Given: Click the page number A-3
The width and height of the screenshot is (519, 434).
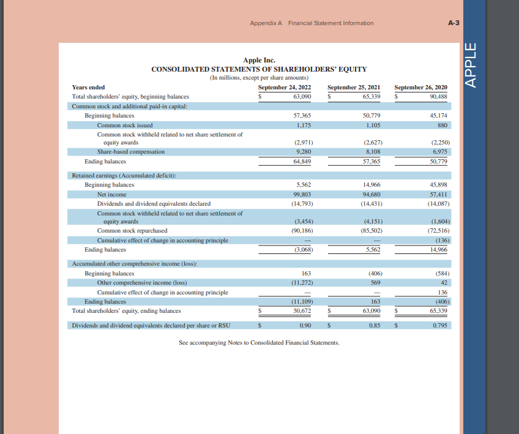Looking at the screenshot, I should coord(454,23).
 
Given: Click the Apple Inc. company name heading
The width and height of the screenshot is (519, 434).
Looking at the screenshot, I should coord(259,60).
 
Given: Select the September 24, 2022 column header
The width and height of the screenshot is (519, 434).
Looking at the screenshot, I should coord(285,88).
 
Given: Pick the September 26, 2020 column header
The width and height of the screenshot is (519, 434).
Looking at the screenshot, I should coord(421,88).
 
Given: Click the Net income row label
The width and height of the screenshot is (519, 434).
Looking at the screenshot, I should coord(112,194).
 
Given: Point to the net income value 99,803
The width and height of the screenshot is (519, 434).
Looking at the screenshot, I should coord(302,194).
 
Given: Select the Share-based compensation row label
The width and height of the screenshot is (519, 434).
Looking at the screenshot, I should coord(130,152).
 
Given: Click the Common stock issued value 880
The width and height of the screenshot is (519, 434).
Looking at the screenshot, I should coord(442,125).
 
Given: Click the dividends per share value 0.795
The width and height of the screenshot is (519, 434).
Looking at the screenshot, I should coord(439,326).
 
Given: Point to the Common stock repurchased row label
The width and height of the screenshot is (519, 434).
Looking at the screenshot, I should coord(132,231).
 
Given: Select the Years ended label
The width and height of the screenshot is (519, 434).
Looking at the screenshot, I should coord(88,88).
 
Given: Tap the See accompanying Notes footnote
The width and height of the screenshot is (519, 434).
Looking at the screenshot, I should coord(259,343).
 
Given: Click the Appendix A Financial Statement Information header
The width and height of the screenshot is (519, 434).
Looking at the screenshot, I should coord(312,23).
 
